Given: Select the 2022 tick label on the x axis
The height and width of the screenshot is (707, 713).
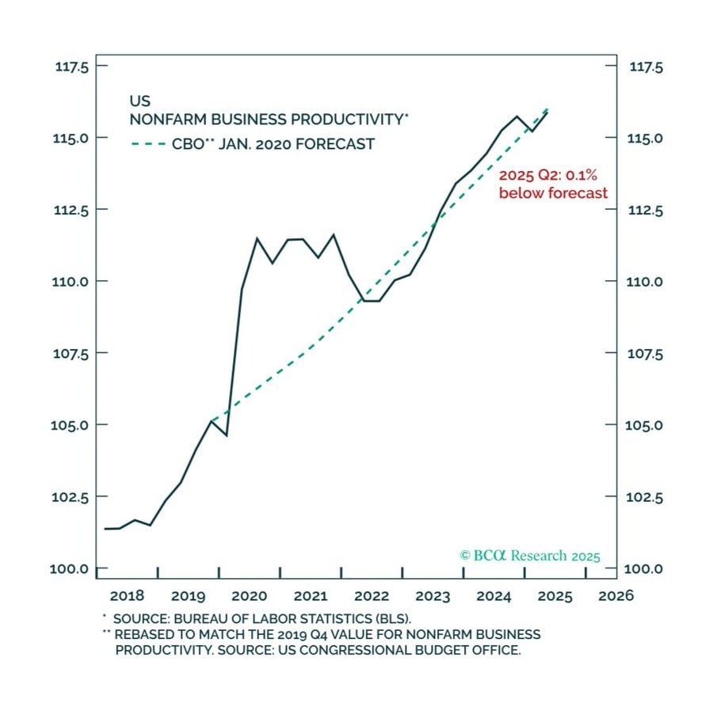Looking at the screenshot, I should tap(372, 595).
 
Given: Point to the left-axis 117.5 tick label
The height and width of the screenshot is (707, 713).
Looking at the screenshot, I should tap(71, 67).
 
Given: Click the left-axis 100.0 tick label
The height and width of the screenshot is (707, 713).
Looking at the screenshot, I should tap(71, 568).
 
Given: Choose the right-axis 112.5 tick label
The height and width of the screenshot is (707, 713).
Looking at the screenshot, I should tap(646, 210).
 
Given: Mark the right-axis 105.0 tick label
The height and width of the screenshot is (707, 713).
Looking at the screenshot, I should tap(646, 425).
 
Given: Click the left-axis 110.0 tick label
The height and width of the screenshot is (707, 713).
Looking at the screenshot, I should tap(71, 282).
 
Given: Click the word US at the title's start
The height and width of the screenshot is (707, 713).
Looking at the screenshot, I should tap(139, 101).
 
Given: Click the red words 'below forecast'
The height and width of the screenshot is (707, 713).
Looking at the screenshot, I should tap(553, 193).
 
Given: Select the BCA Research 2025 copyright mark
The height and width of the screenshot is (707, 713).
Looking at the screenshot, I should tap(530, 556).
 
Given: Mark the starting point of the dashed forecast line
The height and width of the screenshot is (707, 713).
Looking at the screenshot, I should tap(212, 420).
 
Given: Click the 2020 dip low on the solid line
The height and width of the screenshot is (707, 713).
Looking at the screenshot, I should tap(227, 435).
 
